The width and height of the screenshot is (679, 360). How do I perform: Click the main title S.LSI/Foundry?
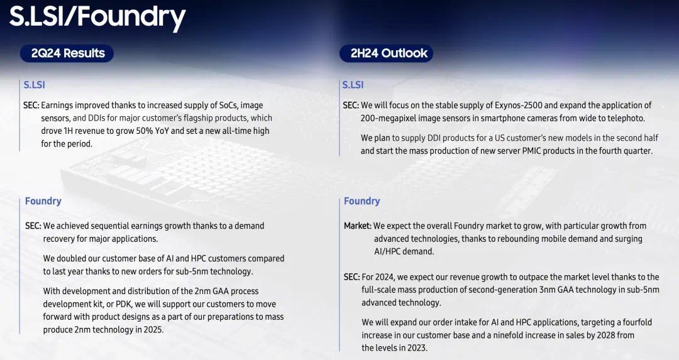point(97,18)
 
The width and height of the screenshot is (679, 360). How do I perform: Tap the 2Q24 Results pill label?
point(67,53)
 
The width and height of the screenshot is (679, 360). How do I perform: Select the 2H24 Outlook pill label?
point(386,53)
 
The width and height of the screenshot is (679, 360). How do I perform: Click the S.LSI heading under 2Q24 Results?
point(34,85)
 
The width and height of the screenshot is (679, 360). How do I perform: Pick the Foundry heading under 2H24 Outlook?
point(362,201)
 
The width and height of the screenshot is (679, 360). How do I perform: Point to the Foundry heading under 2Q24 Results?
point(43,201)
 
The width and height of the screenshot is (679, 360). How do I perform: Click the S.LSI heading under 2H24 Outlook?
point(353,85)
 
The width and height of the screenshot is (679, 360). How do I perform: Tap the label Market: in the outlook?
point(358,226)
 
